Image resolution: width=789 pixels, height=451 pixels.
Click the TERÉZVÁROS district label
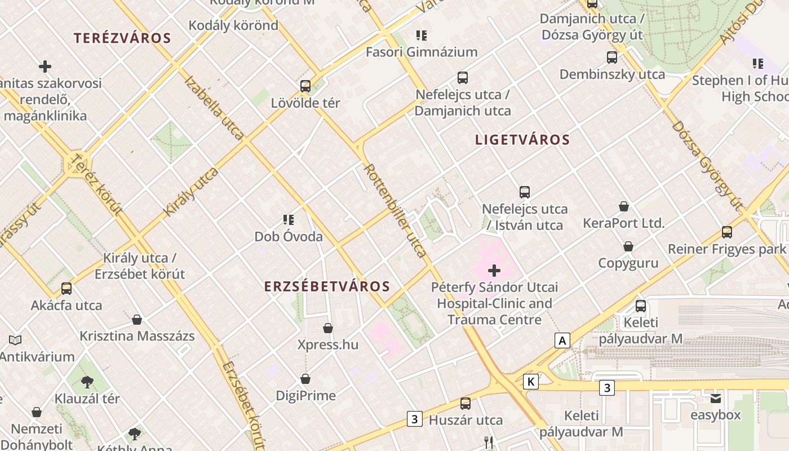122,38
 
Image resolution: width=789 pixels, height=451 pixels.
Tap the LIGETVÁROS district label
522,140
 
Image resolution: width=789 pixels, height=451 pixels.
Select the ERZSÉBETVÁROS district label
327,286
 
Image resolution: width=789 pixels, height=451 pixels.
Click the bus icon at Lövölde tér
305,86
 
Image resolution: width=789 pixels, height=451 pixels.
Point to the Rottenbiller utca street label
395,210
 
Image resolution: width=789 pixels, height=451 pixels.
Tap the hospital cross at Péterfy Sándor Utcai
494,271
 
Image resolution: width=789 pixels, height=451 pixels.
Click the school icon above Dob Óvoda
289,219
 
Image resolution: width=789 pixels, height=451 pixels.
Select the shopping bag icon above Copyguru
628,246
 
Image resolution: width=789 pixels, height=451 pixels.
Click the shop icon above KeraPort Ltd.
624,206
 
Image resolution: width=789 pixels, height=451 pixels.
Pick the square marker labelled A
562,341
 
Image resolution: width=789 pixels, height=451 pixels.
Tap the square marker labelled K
530,382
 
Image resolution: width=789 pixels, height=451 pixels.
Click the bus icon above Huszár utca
466,403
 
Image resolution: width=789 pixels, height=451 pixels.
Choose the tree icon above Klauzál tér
87,382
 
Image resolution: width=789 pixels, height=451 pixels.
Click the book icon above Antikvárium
15,341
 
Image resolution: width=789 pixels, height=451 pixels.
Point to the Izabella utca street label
214,108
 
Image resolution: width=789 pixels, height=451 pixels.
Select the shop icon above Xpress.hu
328,328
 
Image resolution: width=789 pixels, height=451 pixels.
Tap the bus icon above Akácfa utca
67,289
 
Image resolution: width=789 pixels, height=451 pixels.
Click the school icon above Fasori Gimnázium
421,36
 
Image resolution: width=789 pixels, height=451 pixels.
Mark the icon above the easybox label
716,399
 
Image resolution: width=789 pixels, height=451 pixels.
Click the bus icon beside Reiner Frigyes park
727,232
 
